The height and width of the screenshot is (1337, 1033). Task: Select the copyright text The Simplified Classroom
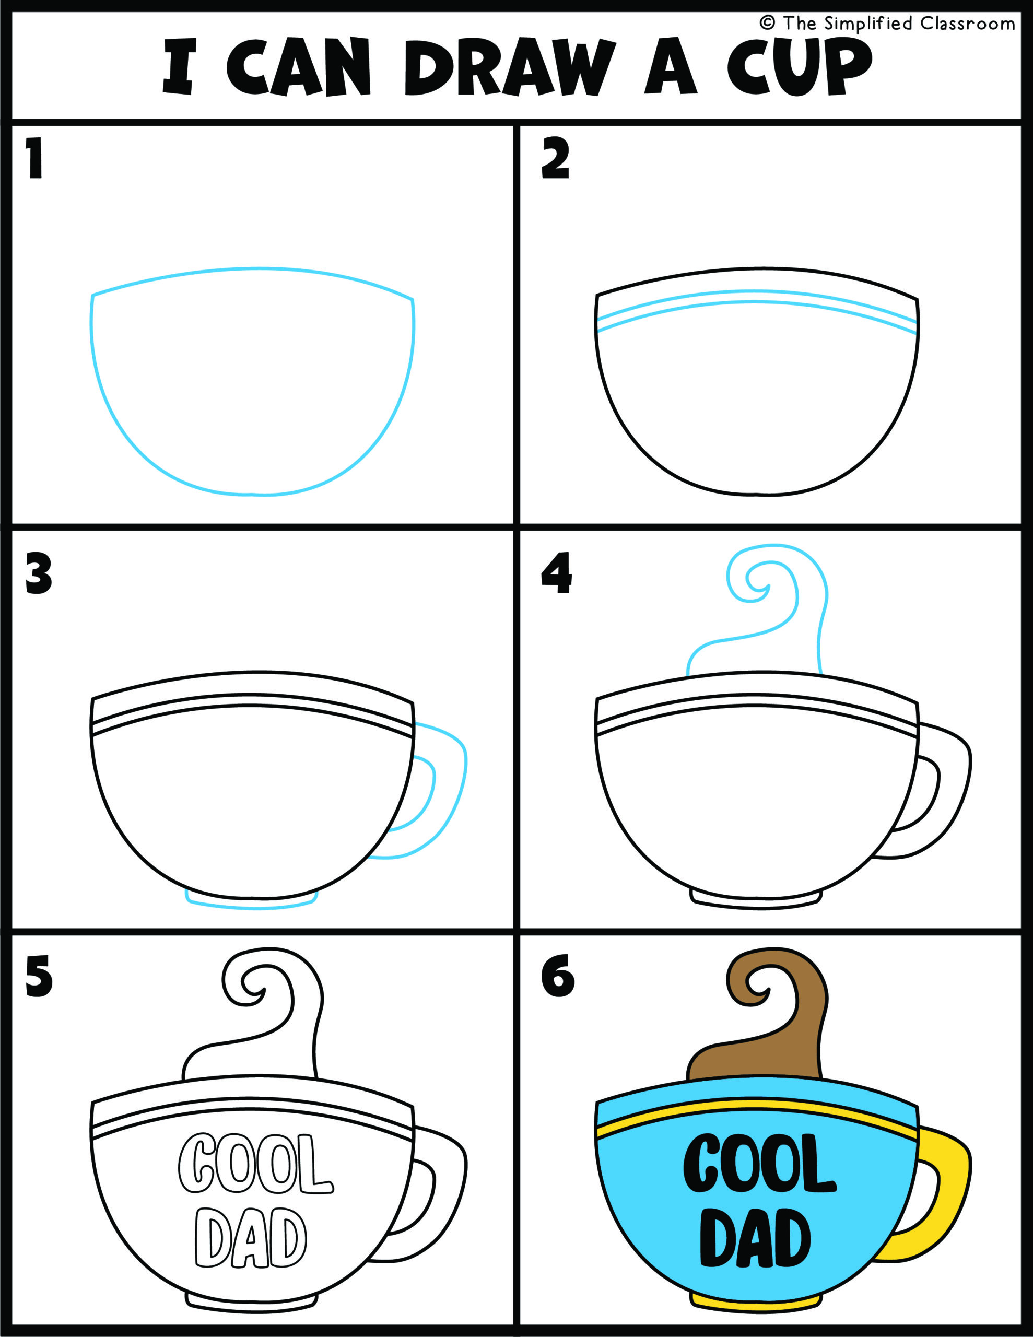[887, 24]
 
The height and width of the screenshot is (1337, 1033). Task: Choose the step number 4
[556, 573]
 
